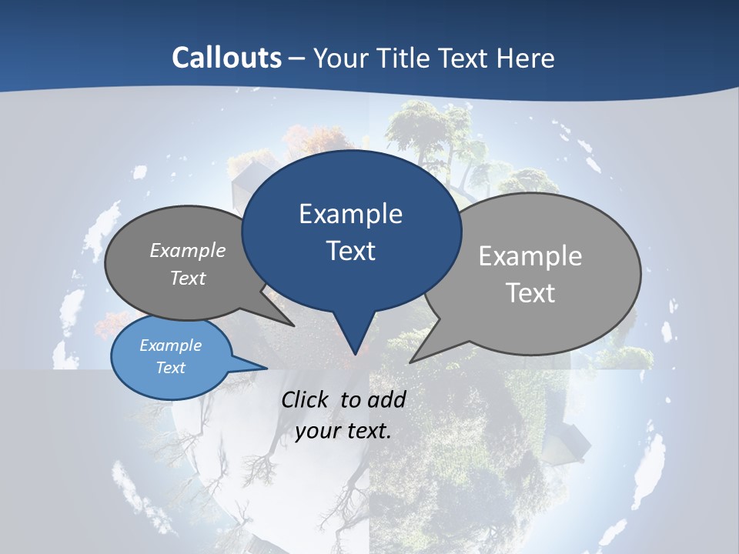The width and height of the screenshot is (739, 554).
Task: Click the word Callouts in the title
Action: [227, 58]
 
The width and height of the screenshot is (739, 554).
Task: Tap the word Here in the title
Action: [527, 58]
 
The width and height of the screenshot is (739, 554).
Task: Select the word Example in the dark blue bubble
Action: [350, 214]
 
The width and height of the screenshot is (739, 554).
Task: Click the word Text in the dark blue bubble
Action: [350, 251]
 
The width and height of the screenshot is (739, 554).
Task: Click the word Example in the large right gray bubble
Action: [530, 256]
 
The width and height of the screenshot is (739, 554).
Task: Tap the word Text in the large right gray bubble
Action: [530, 293]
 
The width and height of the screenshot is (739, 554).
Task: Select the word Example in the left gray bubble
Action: [188, 250]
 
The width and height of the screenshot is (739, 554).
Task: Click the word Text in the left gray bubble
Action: [188, 278]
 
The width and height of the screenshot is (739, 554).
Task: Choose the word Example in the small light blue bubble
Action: [171, 345]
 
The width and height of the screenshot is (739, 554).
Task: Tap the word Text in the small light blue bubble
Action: [171, 368]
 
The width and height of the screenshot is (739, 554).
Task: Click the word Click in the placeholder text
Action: [306, 399]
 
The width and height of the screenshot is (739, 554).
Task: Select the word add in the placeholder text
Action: [386, 399]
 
